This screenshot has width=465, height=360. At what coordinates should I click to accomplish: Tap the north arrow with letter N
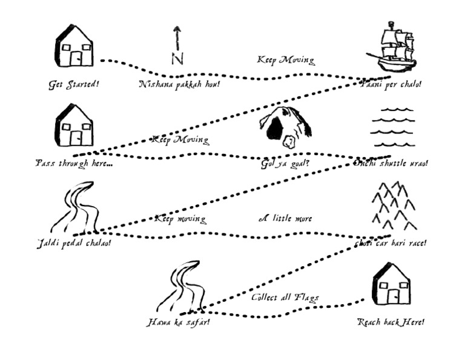tap(177, 45)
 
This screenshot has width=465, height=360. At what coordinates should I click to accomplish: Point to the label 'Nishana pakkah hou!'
tap(179, 84)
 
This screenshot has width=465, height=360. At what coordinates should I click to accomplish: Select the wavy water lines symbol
tap(392, 128)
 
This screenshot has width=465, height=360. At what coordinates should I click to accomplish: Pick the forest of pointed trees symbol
tap(393, 206)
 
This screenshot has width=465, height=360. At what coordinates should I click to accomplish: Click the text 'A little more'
tap(285, 218)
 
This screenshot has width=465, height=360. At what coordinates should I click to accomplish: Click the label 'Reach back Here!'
tap(391, 322)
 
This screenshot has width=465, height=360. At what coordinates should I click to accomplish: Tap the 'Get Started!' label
tap(74, 84)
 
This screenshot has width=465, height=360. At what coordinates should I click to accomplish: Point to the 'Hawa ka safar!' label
tap(179, 322)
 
